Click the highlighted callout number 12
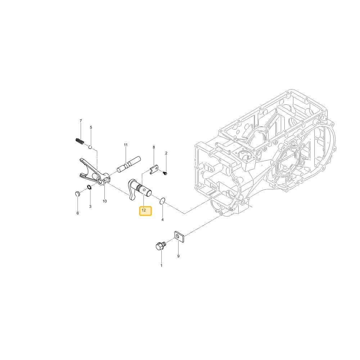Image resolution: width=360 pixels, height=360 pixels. click(144, 210)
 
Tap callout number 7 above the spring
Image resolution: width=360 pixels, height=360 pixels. click(81, 121)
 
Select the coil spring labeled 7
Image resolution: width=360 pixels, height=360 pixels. click(80, 141)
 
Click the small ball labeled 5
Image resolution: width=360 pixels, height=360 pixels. click(90, 147)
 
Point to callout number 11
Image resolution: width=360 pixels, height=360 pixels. click(126, 145)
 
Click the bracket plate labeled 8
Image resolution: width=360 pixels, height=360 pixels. click(154, 170)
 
